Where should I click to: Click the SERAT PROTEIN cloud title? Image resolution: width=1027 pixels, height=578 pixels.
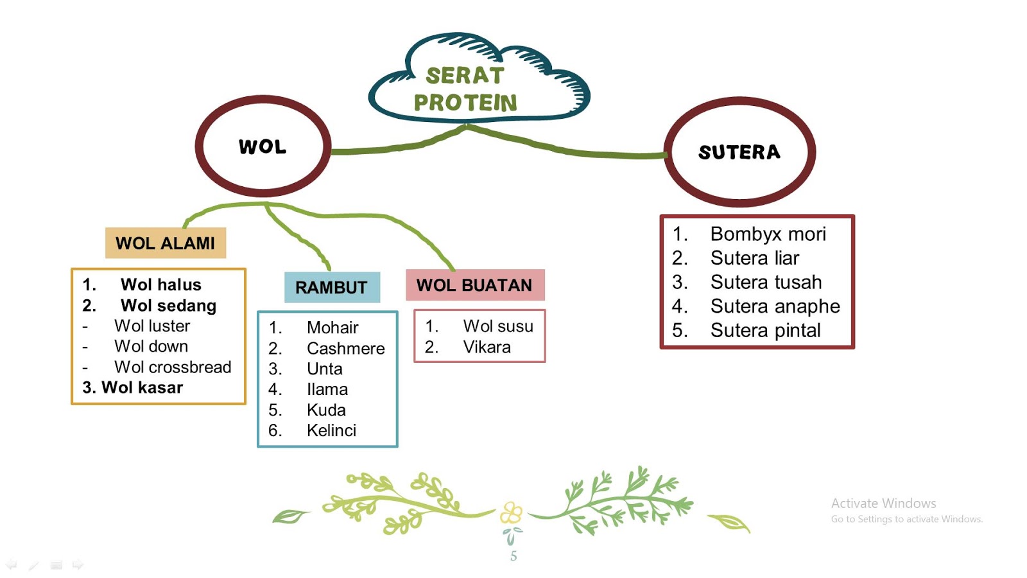pyautogui.click(x=465, y=89)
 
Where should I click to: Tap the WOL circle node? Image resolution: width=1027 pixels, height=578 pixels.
pyautogui.click(x=263, y=146)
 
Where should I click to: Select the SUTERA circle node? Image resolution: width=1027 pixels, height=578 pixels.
pyautogui.click(x=739, y=152)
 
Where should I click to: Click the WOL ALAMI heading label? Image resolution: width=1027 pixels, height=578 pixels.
pyautogui.click(x=166, y=243)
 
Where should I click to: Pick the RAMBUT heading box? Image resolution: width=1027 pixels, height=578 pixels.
pyautogui.click(x=332, y=287)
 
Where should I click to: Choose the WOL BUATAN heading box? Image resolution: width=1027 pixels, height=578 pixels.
pyautogui.click(x=474, y=285)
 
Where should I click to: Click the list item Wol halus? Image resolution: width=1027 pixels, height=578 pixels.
pyautogui.click(x=160, y=285)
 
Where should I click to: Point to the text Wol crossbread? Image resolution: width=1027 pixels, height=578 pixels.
pyautogui.click(x=173, y=367)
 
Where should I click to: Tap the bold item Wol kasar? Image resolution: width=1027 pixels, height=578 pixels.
pyautogui.click(x=142, y=387)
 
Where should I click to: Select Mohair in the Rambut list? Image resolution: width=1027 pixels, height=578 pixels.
pyautogui.click(x=332, y=328)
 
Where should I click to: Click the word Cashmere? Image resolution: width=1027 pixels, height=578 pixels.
pyautogui.click(x=345, y=348)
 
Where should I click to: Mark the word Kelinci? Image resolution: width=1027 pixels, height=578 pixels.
pyautogui.click(x=331, y=430)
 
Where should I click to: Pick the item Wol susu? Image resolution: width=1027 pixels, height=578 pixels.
pyautogui.click(x=498, y=326)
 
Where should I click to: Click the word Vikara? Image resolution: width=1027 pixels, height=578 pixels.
pyautogui.click(x=487, y=347)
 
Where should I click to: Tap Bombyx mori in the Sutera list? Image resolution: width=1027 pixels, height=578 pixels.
pyautogui.click(x=768, y=234)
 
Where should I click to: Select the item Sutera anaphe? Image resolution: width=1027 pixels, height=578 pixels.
pyautogui.click(x=775, y=306)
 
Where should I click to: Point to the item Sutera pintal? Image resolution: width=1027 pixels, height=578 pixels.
pyautogui.click(x=765, y=330)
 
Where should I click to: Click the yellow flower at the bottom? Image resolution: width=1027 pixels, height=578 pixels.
pyautogui.click(x=512, y=512)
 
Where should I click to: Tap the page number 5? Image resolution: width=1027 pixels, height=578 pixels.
pyautogui.click(x=513, y=556)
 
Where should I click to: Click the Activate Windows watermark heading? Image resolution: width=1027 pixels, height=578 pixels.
pyautogui.click(x=883, y=504)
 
